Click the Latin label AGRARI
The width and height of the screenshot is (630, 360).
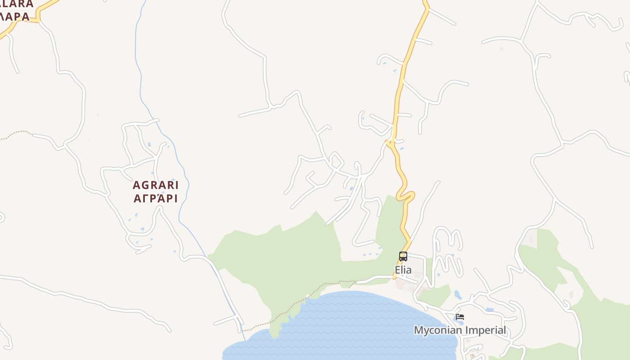(x=156, y=185)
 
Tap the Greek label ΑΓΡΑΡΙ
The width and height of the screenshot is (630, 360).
(x=156, y=198)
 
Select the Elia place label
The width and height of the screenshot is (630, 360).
(x=403, y=270)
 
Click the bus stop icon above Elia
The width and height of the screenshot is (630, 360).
(x=403, y=256)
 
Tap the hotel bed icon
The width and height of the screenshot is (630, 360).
(x=459, y=317)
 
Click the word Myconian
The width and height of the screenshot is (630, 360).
(x=437, y=330)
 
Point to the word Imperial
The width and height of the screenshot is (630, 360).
(x=485, y=330)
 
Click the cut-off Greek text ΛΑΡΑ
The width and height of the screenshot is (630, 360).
(x=14, y=17)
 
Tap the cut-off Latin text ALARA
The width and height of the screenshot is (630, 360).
(x=17, y=4)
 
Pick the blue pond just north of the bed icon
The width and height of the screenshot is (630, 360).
(x=458, y=295)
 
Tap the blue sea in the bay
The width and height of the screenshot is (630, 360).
(x=351, y=324)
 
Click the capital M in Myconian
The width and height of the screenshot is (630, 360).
(x=418, y=330)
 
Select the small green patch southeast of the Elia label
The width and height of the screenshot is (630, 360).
(x=434, y=295)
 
